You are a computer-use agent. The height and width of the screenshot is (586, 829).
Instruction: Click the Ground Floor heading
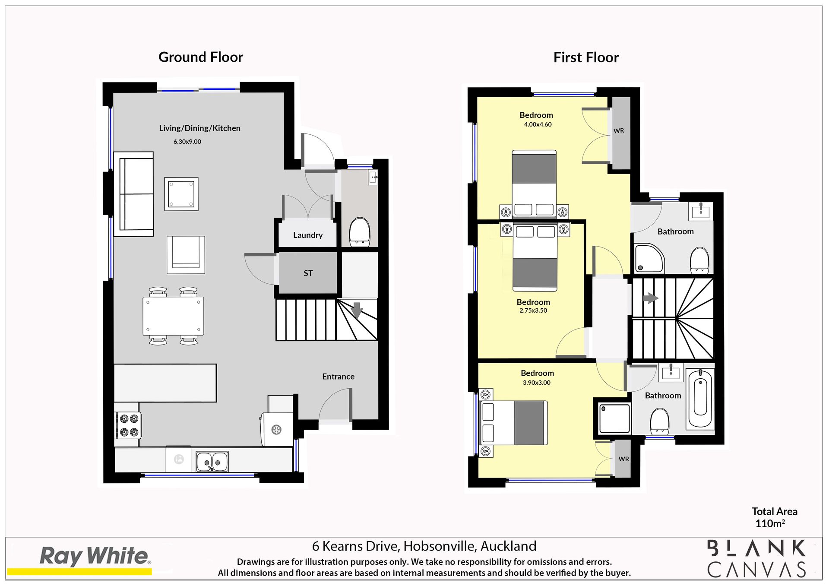pyautogui.click(x=201, y=57)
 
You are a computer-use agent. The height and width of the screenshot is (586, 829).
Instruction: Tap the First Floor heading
pyautogui.click(x=586, y=57)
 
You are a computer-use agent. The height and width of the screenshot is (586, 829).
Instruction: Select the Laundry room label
pyautogui.click(x=308, y=235)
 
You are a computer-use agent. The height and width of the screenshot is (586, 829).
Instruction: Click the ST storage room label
pyautogui.click(x=308, y=273)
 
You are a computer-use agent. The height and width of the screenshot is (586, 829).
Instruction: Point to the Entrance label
pyautogui.click(x=338, y=377)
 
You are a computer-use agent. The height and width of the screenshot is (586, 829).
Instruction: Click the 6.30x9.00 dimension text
pyautogui.click(x=187, y=142)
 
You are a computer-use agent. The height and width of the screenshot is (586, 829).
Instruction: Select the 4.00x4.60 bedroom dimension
pyautogui.click(x=538, y=124)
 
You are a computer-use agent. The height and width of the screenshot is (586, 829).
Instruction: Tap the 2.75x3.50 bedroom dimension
pyautogui.click(x=533, y=310)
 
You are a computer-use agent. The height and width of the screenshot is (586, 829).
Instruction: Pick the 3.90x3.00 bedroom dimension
pyautogui.click(x=537, y=383)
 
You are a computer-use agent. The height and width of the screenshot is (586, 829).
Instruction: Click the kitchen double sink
pyautogui.click(x=212, y=462)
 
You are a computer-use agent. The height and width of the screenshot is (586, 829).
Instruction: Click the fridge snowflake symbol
pyautogui.click(x=276, y=430)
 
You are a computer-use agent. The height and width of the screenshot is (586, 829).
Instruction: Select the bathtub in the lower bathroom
pyautogui.click(x=699, y=399)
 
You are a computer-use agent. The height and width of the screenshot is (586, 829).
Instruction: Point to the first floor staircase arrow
pyautogui.click(x=651, y=298)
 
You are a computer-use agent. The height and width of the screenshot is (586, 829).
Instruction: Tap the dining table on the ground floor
pyautogui.click(x=173, y=316)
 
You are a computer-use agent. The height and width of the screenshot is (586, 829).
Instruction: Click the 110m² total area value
pyautogui.click(x=770, y=523)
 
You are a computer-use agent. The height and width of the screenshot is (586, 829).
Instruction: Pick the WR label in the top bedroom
pyautogui.click(x=619, y=130)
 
